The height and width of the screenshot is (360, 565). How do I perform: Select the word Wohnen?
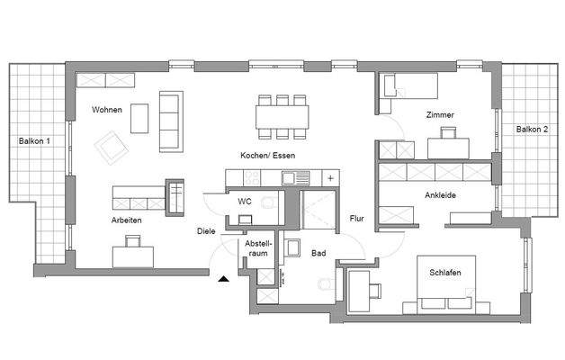coord(105,109)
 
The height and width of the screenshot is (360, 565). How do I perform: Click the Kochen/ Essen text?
coord(267,155)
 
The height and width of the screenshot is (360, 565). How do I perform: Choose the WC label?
coord(244,202)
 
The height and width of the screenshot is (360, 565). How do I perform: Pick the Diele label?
coord(206,231)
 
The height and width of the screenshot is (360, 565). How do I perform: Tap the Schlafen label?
coord(446,273)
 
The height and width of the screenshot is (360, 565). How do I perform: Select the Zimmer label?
coord(440,115)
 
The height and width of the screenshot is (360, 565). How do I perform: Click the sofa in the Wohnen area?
coord(169,121)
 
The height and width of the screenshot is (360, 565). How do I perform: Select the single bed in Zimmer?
coord(409,85)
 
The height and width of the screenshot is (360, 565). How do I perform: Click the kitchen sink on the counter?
coord(291,178)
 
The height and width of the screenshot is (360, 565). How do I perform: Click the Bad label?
coord(318,255)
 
